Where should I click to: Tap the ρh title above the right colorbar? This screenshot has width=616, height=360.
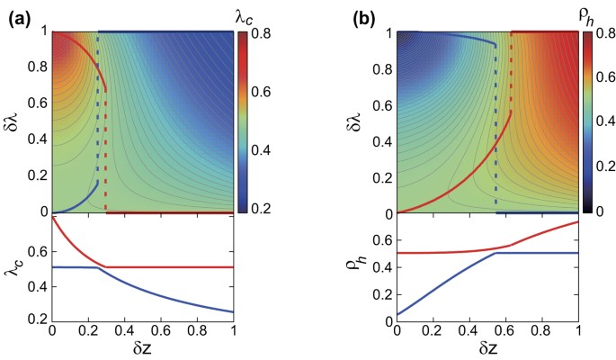594,13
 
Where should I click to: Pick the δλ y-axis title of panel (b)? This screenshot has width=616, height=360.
357,123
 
